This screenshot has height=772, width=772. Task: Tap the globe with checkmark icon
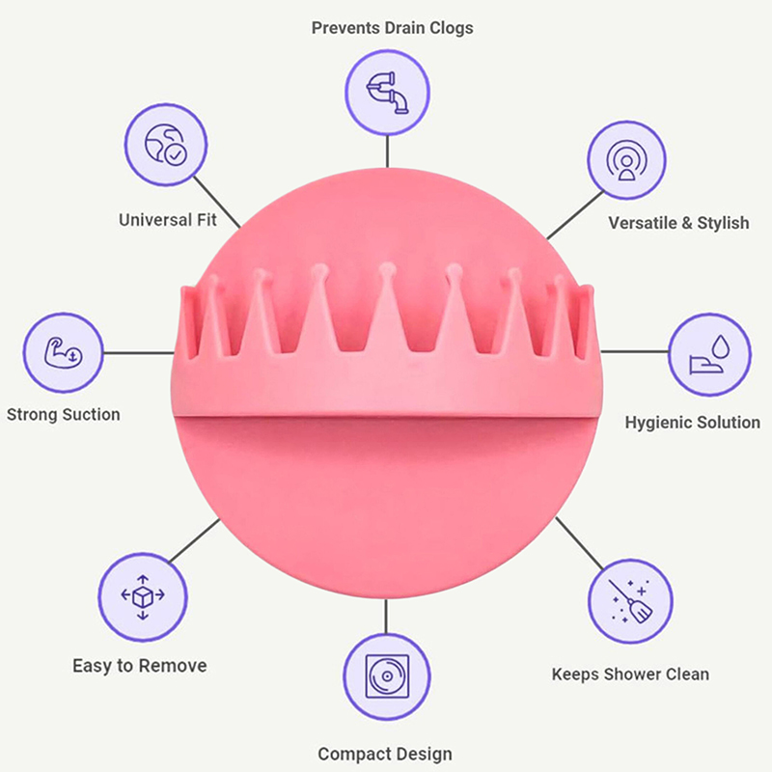click(164, 145)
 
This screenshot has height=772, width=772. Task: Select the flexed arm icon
click(62, 351)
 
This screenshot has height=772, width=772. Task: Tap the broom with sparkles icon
click(630, 601)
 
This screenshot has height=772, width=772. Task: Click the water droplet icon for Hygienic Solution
click(710, 354)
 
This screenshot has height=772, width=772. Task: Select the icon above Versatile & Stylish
click(629, 160)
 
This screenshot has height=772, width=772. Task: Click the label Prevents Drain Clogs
click(392, 27)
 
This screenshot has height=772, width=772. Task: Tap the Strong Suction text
click(64, 415)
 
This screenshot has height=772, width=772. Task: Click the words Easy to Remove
click(139, 666)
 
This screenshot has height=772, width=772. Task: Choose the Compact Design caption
click(384, 754)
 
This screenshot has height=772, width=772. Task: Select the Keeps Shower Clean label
click(630, 675)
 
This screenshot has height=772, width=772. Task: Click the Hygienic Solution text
click(692, 423)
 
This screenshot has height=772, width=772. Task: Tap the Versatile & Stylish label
click(678, 223)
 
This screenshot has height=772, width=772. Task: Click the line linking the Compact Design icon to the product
click(387, 616)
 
